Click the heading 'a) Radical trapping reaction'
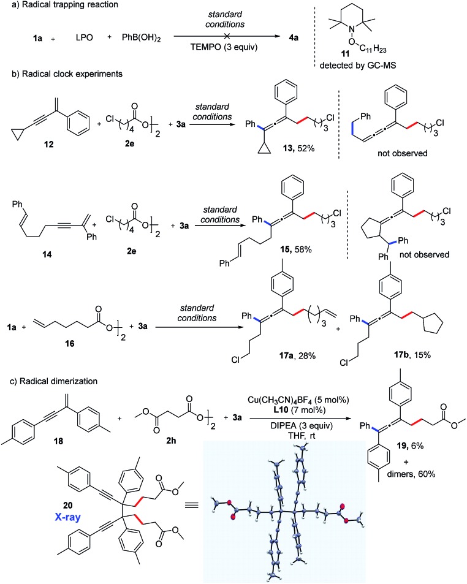55,6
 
